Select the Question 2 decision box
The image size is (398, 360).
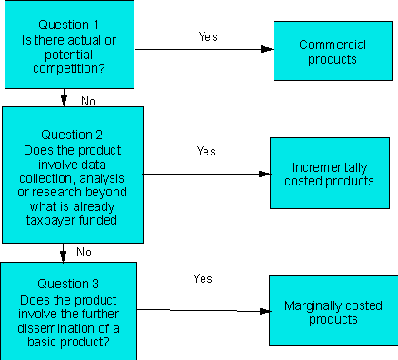(x=72, y=173)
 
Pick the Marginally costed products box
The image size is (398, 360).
(x=333, y=311)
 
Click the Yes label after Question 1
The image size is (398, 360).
(x=208, y=36)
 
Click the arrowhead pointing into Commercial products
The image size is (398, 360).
(x=267, y=49)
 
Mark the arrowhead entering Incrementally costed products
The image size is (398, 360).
(x=264, y=174)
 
